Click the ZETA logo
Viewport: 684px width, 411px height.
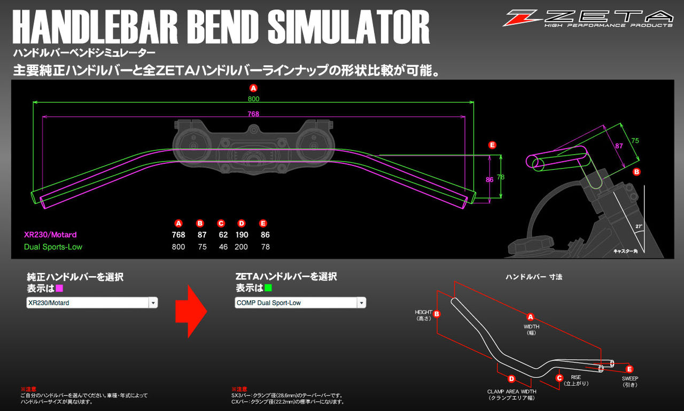tap(587, 18)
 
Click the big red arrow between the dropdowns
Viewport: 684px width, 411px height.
tap(191, 311)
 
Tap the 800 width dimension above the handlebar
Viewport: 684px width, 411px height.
tap(253, 99)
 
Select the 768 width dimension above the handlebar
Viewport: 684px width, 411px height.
tap(253, 113)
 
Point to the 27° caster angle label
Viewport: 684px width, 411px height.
tap(639, 226)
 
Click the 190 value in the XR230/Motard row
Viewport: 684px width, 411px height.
tap(242, 235)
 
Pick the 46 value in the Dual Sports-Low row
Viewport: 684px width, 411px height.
tap(223, 247)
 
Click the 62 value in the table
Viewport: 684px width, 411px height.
tap(223, 235)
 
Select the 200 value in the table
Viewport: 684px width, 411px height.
tap(242, 247)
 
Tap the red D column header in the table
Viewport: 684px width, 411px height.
tap(242, 223)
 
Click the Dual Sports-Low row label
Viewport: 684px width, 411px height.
tap(53, 247)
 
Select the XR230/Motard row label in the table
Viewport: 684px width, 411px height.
tap(50, 235)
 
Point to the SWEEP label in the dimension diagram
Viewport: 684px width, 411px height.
tap(629, 378)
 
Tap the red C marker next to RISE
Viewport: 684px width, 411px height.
tap(559, 378)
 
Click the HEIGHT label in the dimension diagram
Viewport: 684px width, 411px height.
tap(423, 312)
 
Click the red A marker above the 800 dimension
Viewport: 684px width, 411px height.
tap(253, 88)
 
